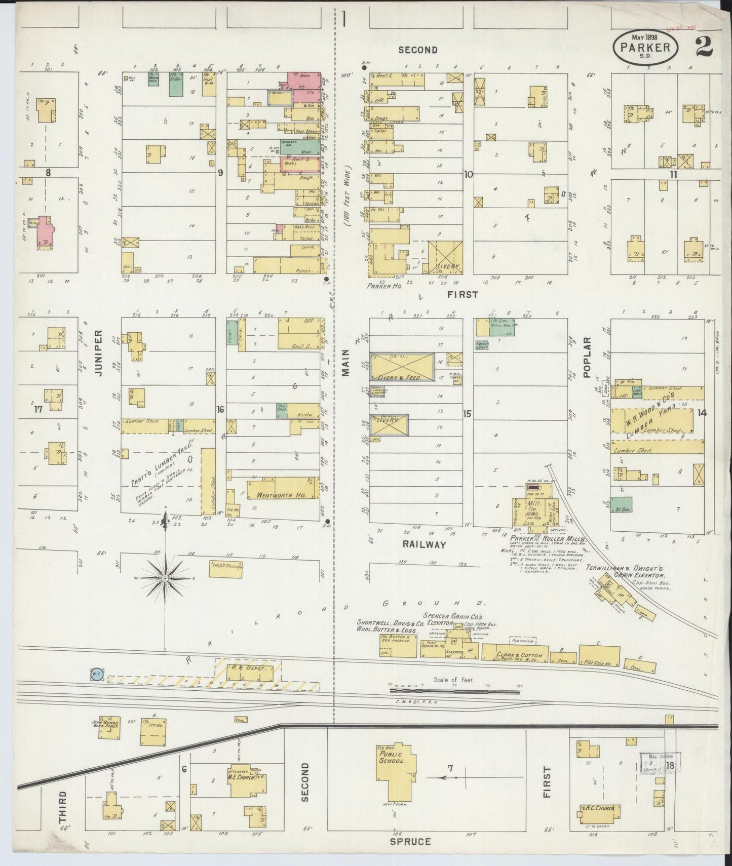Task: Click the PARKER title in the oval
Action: pos(645,47)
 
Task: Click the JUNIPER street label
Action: pos(98,353)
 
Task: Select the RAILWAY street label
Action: pos(424,544)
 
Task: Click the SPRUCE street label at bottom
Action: pos(411,841)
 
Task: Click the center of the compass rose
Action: pos(165,578)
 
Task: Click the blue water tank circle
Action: pos(96,674)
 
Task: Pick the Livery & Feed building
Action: pos(402,366)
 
